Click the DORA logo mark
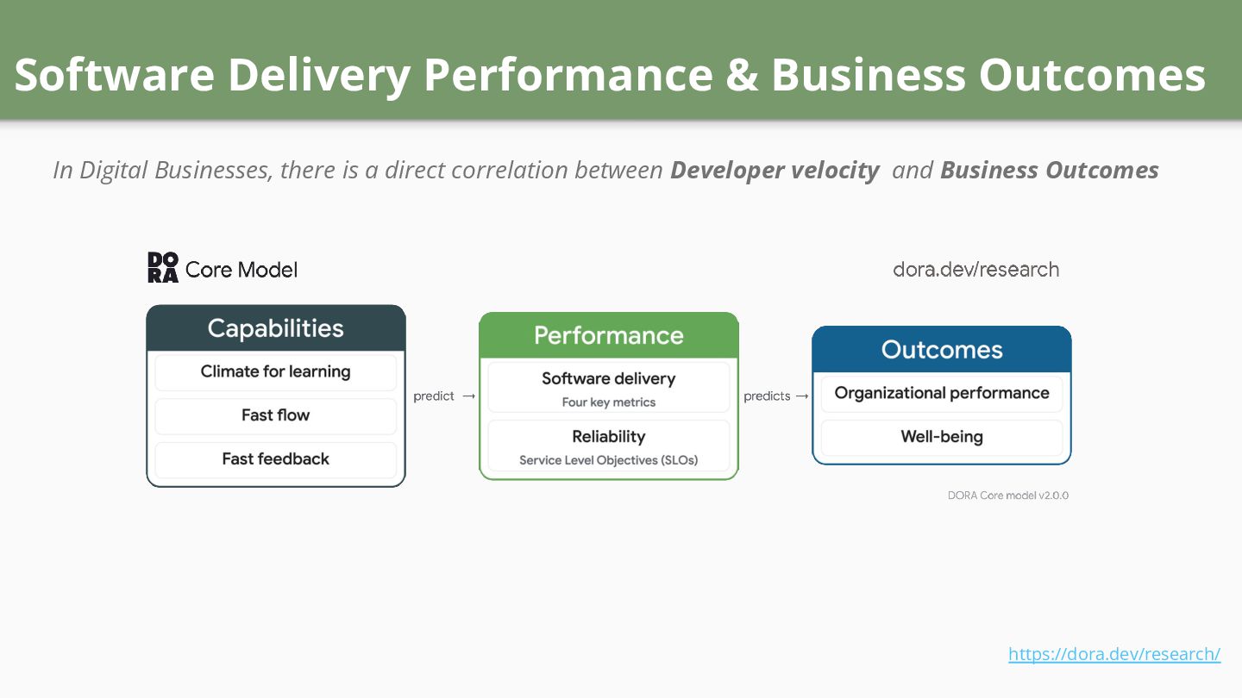click(163, 268)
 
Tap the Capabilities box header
click(276, 328)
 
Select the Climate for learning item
click(276, 372)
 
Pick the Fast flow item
click(276, 415)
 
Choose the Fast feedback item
click(276, 459)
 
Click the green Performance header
click(609, 335)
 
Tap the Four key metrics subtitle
click(609, 402)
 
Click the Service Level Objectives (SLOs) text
click(609, 460)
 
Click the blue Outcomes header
click(942, 350)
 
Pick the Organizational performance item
click(942, 394)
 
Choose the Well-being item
click(942, 437)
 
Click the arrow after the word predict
click(468, 396)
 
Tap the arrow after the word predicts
click(802, 396)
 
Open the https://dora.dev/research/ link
click(1114, 654)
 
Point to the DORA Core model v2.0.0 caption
click(1008, 495)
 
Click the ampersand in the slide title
click(741, 75)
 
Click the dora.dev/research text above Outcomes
click(975, 270)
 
